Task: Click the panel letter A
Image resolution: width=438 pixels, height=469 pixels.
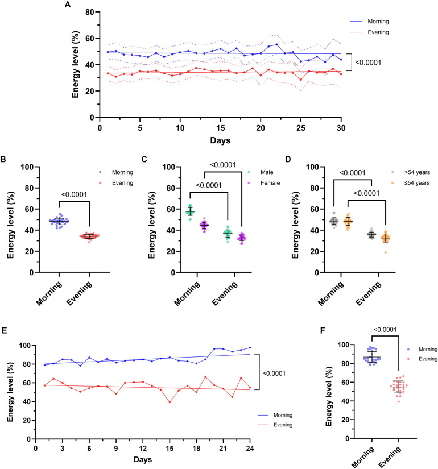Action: [68, 5]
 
